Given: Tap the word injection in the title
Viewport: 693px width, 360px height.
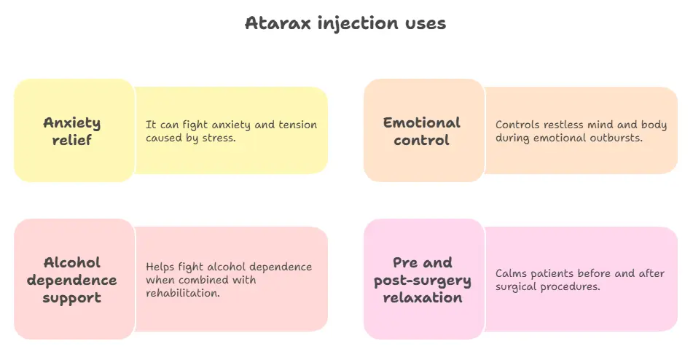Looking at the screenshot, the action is [358, 24].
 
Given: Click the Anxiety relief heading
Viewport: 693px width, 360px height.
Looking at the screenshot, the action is [72, 131].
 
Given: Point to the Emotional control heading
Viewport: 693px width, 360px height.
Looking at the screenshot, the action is [422, 131].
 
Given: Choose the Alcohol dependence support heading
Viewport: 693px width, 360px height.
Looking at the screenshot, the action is [72, 281].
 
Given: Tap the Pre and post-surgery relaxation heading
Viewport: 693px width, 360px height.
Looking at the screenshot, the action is [423, 280].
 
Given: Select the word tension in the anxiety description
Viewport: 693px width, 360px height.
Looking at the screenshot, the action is [297, 125].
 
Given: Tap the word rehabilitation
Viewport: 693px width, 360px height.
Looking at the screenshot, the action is [182, 293].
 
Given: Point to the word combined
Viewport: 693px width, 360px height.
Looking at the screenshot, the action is [200, 280].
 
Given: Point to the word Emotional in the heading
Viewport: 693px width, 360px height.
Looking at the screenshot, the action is [422, 122].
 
